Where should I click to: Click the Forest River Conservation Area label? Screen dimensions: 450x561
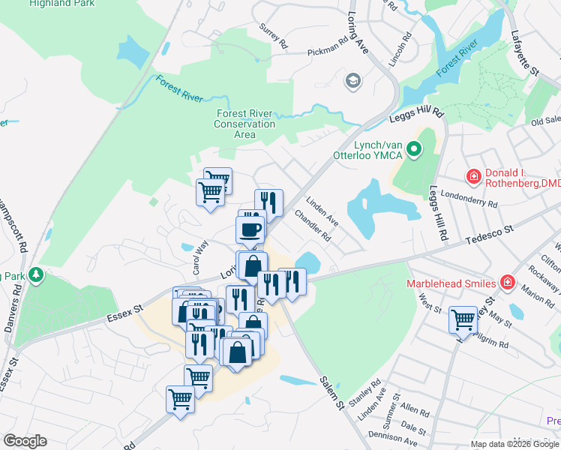(x=245, y=124)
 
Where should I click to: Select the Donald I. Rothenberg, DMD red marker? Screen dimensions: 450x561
(x=473, y=177)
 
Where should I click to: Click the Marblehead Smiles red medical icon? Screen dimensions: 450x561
(x=508, y=283)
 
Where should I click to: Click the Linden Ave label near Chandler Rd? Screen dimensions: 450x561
(x=322, y=212)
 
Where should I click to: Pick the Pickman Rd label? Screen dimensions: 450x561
(x=328, y=53)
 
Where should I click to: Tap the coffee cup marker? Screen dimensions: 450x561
(x=250, y=228)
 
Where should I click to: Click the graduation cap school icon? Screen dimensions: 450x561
(x=352, y=80)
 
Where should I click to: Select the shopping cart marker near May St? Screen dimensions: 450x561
(x=463, y=320)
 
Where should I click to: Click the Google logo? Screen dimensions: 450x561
(x=25, y=441)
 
